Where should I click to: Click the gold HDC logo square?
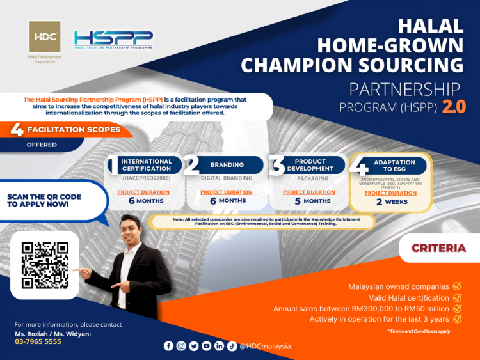(x=45, y=37)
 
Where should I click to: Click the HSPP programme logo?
(x=113, y=40)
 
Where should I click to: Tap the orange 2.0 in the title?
(x=453, y=106)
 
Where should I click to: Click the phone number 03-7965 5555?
(x=38, y=341)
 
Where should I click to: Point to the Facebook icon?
(x=168, y=346)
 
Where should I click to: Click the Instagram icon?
(x=181, y=346)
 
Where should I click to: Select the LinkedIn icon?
(x=219, y=346)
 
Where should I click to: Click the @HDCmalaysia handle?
(x=265, y=346)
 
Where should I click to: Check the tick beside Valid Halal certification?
(x=457, y=297)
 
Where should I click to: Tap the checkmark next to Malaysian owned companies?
(x=457, y=286)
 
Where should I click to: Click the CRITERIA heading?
(x=438, y=247)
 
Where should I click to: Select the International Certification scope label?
(x=147, y=165)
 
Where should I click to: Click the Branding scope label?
(x=227, y=165)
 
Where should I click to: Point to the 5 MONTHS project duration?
(x=308, y=201)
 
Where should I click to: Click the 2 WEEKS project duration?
(x=392, y=201)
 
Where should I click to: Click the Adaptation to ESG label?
(x=394, y=166)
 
